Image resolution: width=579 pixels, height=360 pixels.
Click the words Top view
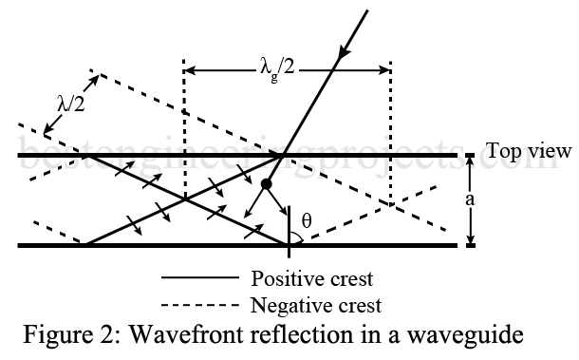(x=529, y=151)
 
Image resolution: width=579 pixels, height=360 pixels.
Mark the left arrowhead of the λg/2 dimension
(x=189, y=68)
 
